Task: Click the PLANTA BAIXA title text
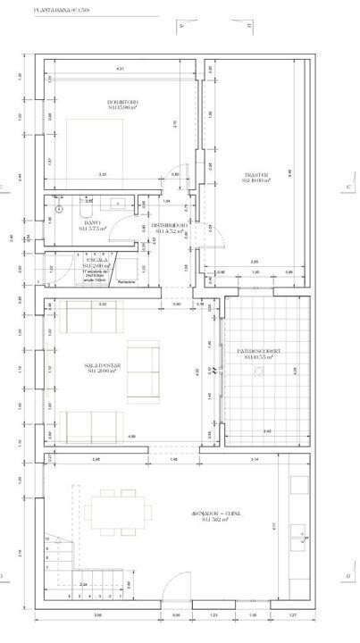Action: click(68, 12)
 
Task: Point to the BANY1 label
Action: click(91, 226)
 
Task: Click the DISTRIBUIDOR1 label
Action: click(167, 228)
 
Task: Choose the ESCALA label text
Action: click(96, 263)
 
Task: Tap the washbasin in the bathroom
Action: click(115, 203)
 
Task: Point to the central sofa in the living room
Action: click(140, 370)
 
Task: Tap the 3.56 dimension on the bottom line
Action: click(97, 615)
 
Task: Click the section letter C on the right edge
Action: click(347, 187)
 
